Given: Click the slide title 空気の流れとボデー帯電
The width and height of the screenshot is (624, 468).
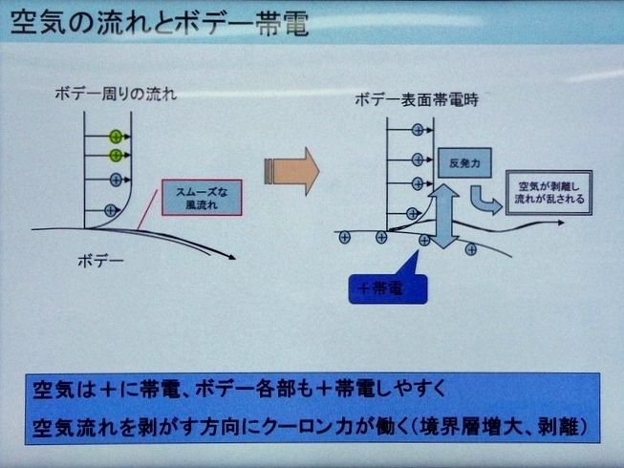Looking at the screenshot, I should tap(158, 24).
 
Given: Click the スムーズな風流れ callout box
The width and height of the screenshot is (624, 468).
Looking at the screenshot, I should tap(204, 198).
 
